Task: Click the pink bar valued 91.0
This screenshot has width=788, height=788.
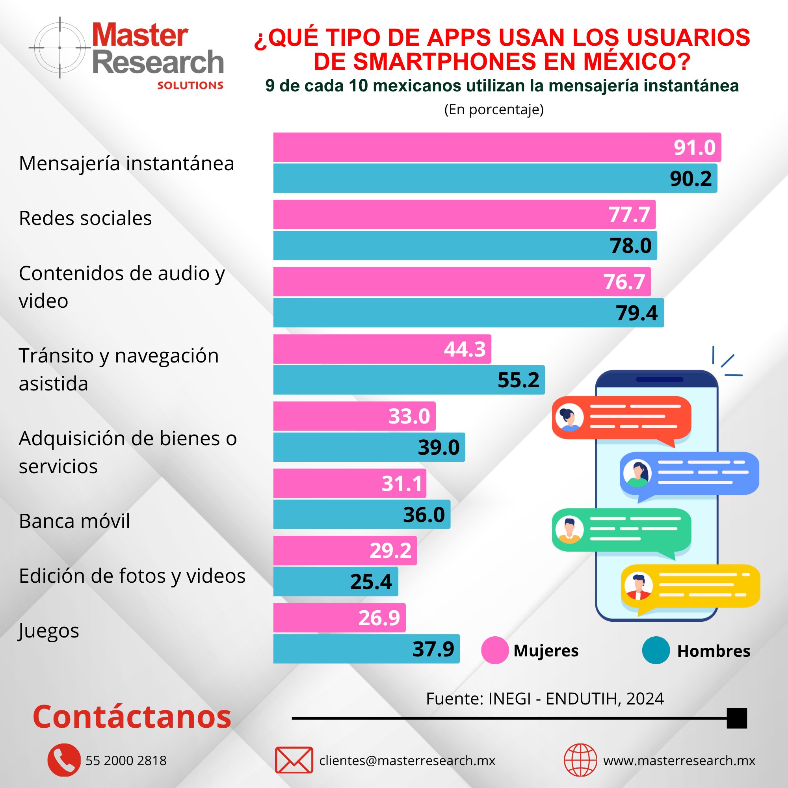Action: pyautogui.click(x=497, y=147)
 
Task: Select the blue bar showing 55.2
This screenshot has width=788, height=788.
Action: pyautogui.click(x=409, y=380)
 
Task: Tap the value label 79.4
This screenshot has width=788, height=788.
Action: pyautogui.click(x=636, y=313)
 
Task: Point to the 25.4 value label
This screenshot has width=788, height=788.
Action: pyautogui.click(x=370, y=582)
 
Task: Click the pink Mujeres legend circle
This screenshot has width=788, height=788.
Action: pyautogui.click(x=495, y=650)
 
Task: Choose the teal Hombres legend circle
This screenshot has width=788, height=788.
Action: pyautogui.click(x=656, y=650)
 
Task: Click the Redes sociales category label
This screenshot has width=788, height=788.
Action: pyautogui.click(x=85, y=218)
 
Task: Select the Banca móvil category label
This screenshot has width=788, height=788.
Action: pyautogui.click(x=74, y=521)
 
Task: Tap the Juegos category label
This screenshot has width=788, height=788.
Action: pyautogui.click(x=48, y=631)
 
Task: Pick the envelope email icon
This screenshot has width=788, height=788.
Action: pyautogui.click(x=294, y=760)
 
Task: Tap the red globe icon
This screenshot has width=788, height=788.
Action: pyautogui.click(x=580, y=760)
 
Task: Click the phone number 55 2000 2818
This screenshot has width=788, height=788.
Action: pyautogui.click(x=126, y=761)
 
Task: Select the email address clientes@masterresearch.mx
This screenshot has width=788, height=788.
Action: pyautogui.click(x=407, y=761)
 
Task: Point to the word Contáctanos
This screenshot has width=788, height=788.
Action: pyautogui.click(x=132, y=717)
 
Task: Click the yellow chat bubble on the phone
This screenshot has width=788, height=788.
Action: pyautogui.click(x=690, y=586)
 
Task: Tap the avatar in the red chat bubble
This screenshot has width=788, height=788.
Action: pyautogui.click(x=569, y=417)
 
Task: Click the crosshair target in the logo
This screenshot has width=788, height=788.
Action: pyautogui.click(x=60, y=48)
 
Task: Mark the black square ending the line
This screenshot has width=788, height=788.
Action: pyautogui.click(x=737, y=718)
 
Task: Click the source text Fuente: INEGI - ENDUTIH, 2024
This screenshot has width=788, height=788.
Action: pyautogui.click(x=545, y=699)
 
